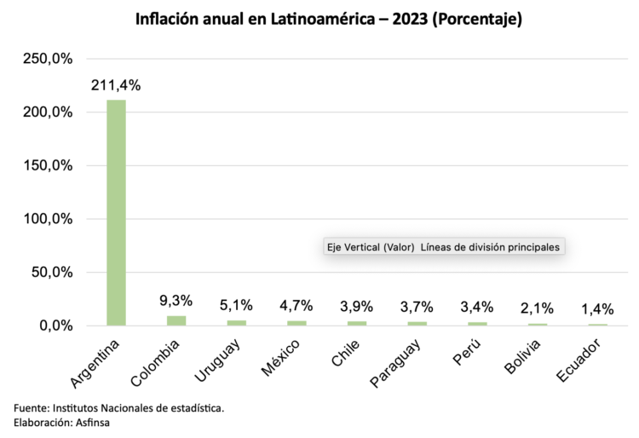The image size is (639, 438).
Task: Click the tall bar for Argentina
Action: [116, 213]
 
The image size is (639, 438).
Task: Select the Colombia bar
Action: [176, 320]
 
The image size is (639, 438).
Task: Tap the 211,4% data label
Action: [117, 85]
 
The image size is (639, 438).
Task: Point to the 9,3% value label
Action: [176, 301]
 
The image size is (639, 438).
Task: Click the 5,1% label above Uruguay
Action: [236, 305]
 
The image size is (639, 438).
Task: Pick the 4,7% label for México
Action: [296, 306]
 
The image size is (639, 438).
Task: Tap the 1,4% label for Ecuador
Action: [597, 309]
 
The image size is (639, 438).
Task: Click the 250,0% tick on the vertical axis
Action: [49, 59]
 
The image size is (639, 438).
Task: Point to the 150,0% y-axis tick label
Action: [49, 165]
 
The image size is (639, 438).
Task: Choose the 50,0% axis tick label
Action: [52, 273]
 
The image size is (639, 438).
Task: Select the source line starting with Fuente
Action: [119, 408]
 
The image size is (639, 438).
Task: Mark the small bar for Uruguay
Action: [236, 322]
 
